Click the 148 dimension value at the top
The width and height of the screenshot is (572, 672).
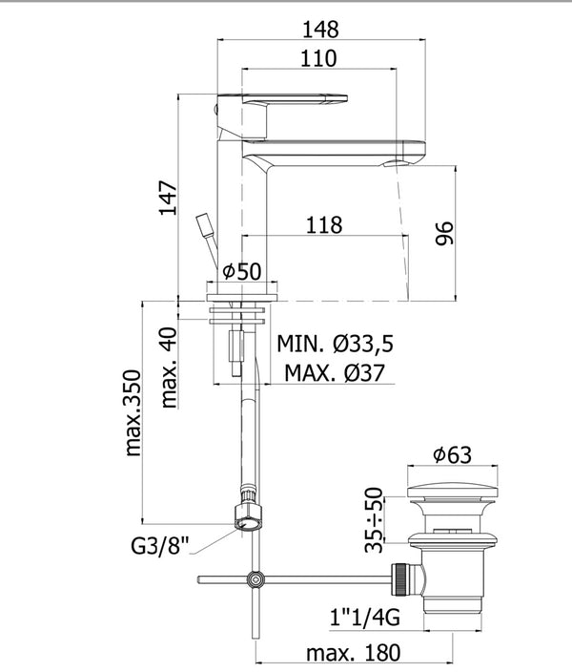coord(320,30)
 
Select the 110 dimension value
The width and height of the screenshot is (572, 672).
coord(317,59)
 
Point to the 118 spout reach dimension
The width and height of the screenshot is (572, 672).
coord(325,225)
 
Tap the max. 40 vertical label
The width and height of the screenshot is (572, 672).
coord(168,367)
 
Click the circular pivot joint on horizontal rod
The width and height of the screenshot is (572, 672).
coord(255,579)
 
